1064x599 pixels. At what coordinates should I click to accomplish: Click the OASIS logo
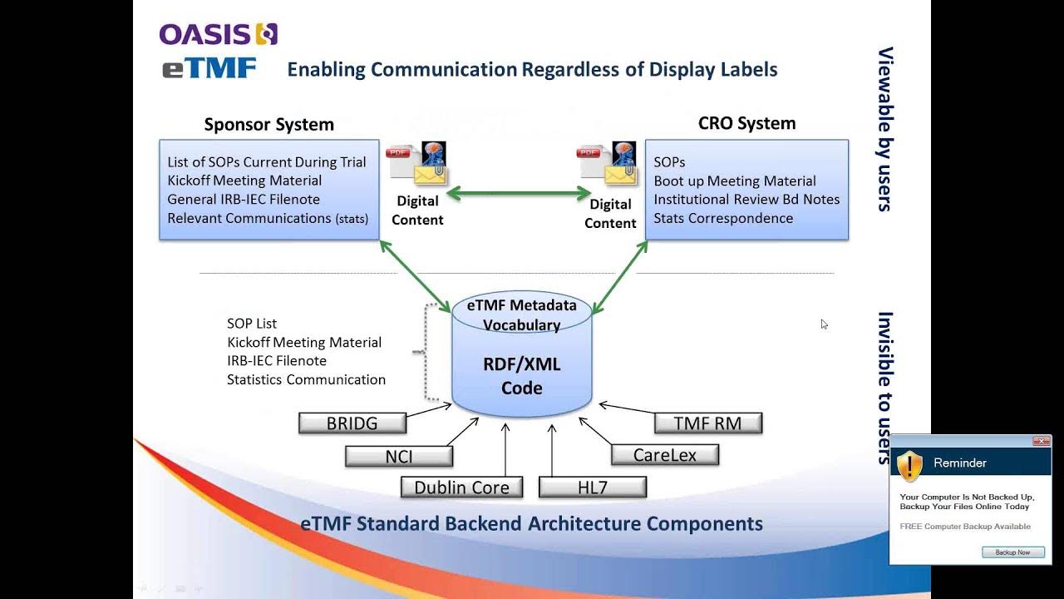tap(218, 34)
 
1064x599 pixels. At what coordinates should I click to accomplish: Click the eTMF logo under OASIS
tap(209, 68)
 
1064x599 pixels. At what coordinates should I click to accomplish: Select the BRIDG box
tap(352, 423)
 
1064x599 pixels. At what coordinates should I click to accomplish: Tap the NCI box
tap(399, 456)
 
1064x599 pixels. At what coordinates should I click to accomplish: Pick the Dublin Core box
tap(461, 488)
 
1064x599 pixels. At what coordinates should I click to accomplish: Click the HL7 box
tap(592, 488)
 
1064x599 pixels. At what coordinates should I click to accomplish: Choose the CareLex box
tap(664, 455)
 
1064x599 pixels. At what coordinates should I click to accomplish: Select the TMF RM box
tap(707, 423)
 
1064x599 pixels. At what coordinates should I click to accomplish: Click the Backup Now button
tap(1012, 552)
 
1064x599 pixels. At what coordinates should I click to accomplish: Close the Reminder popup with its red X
tap(1041, 441)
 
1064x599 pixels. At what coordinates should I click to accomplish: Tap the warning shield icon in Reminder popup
tap(910, 465)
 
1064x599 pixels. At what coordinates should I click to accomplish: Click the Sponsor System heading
tap(268, 125)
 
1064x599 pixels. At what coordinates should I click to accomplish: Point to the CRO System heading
tap(746, 123)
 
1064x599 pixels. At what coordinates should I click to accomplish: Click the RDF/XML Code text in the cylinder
tap(521, 376)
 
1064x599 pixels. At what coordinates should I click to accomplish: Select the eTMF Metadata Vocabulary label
tap(521, 314)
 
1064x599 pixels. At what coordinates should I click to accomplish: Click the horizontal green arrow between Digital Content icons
tap(519, 194)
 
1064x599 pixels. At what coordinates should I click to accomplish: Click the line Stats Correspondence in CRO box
tap(722, 218)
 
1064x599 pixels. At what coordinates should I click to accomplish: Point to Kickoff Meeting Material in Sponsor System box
tap(244, 181)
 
